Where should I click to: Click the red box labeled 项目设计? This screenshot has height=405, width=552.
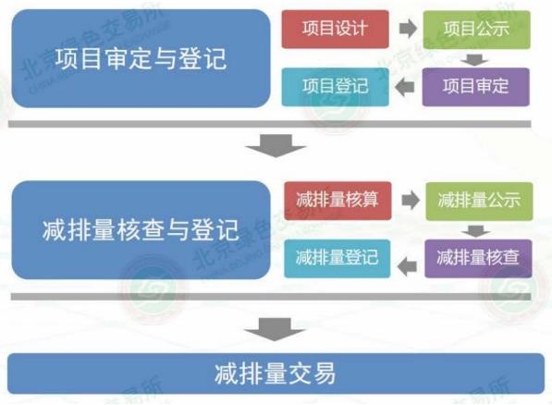pyautogui.click(x=335, y=30)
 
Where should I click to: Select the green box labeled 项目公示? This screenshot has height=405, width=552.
pyautogui.click(x=477, y=30)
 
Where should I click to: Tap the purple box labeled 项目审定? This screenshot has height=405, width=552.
pyautogui.click(x=475, y=87)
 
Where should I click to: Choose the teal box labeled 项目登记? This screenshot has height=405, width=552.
pyautogui.click(x=335, y=87)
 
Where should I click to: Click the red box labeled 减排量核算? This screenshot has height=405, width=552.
pyautogui.click(x=337, y=201)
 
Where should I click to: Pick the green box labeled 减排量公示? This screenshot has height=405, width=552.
pyautogui.click(x=479, y=201)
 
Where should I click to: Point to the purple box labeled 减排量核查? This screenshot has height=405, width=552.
pyautogui.click(x=478, y=259)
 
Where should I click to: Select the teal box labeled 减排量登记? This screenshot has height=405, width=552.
pyautogui.click(x=337, y=259)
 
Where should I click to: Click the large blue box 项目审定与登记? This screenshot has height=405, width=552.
pyautogui.click(x=141, y=58)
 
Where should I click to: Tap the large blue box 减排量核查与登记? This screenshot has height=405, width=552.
pyautogui.click(x=141, y=230)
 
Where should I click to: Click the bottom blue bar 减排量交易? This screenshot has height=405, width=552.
pyautogui.click(x=276, y=374)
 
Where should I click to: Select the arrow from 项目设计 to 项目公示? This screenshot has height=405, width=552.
pyautogui.click(x=408, y=29)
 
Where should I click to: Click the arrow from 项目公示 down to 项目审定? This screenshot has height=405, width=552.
pyautogui.click(x=474, y=59)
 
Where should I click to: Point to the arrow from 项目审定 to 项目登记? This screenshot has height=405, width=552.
pyautogui.click(x=404, y=87)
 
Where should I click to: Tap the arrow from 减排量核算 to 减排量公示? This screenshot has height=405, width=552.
pyautogui.click(x=411, y=201)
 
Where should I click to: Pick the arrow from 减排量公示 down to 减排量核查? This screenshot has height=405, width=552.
pyautogui.click(x=476, y=231)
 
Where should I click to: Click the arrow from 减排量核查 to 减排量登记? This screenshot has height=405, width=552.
pyautogui.click(x=407, y=266)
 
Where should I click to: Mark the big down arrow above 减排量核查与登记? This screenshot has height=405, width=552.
pyautogui.click(x=276, y=145)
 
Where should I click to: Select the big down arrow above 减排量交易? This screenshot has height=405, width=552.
pyautogui.click(x=275, y=329)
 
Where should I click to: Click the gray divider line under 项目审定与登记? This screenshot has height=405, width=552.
pyautogui.click(x=270, y=124)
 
